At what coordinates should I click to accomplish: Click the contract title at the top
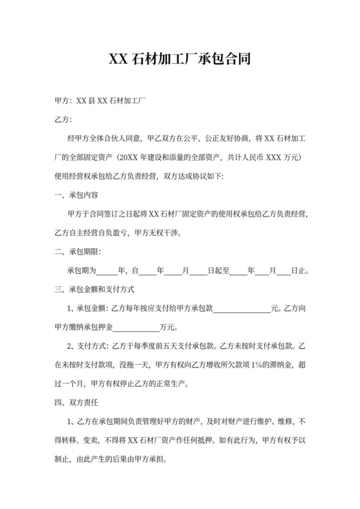[x=179, y=60]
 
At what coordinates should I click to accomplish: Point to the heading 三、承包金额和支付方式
[x=95, y=289]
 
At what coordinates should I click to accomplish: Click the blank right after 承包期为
[x=108, y=271]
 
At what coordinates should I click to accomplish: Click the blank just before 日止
[x=284, y=271]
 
